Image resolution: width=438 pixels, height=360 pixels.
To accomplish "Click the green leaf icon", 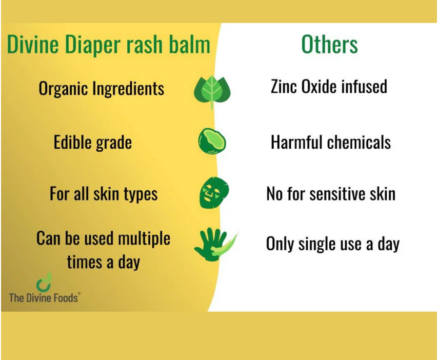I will (x=212, y=92).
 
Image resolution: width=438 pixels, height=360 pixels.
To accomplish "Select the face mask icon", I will (x=213, y=192).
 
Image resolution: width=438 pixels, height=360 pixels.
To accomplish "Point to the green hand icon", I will (x=211, y=244).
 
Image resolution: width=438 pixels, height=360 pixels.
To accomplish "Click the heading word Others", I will (x=329, y=45).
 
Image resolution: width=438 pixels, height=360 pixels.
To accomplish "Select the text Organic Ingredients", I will (x=102, y=89).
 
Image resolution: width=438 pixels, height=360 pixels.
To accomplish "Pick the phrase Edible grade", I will (x=93, y=142).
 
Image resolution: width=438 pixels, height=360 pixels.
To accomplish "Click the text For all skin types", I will (x=104, y=194).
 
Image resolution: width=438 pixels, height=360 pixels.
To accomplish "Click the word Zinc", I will (x=284, y=86).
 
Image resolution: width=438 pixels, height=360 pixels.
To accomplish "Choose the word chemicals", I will (x=360, y=142).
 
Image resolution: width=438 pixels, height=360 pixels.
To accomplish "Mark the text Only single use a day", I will (x=332, y=244).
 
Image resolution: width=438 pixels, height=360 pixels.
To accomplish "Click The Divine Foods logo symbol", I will (x=44, y=282).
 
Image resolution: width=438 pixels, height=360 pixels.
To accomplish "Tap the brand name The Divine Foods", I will (x=44, y=297).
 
